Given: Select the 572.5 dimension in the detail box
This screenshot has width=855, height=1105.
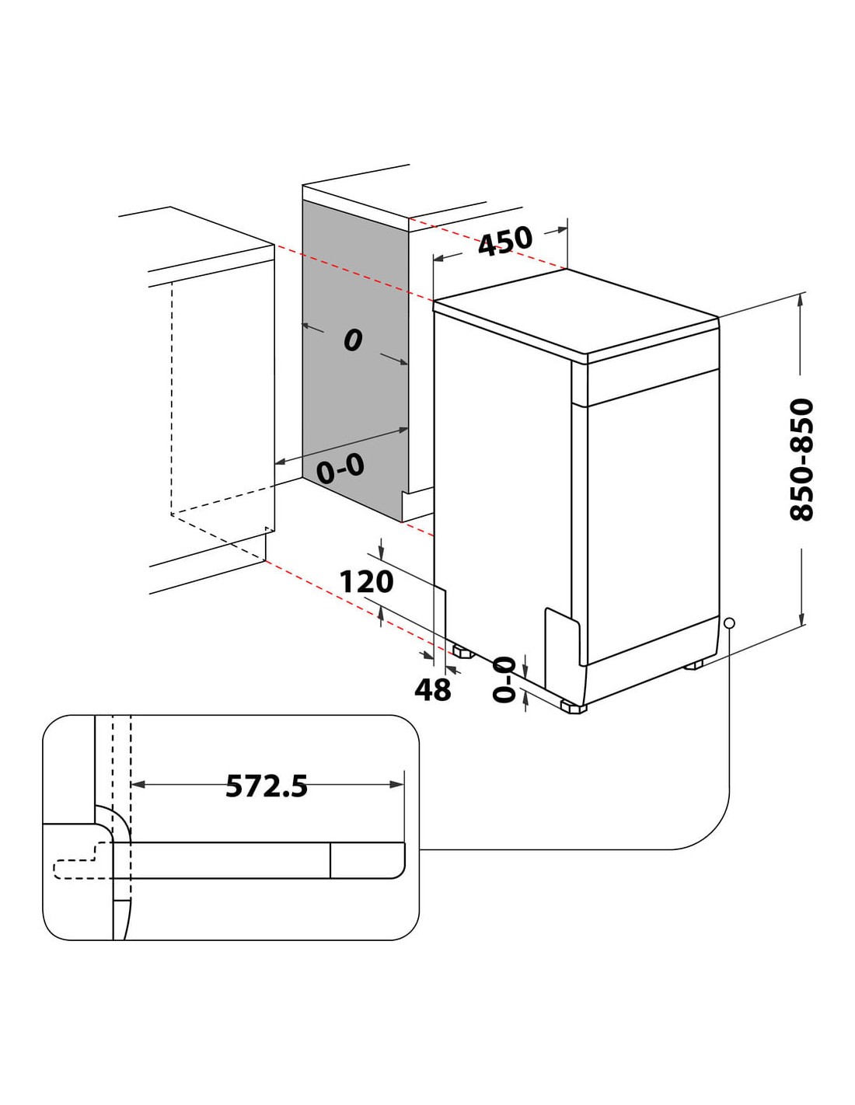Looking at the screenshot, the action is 267,786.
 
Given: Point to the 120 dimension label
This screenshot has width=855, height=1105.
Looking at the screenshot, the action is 366,582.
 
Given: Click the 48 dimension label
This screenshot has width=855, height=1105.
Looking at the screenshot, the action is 433,690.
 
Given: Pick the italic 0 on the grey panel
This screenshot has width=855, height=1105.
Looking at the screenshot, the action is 352,339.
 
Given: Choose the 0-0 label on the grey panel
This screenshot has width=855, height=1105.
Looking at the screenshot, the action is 340,468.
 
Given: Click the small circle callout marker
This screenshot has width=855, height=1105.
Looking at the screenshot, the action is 729,623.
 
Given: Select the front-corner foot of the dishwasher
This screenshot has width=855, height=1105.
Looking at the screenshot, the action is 573,707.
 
